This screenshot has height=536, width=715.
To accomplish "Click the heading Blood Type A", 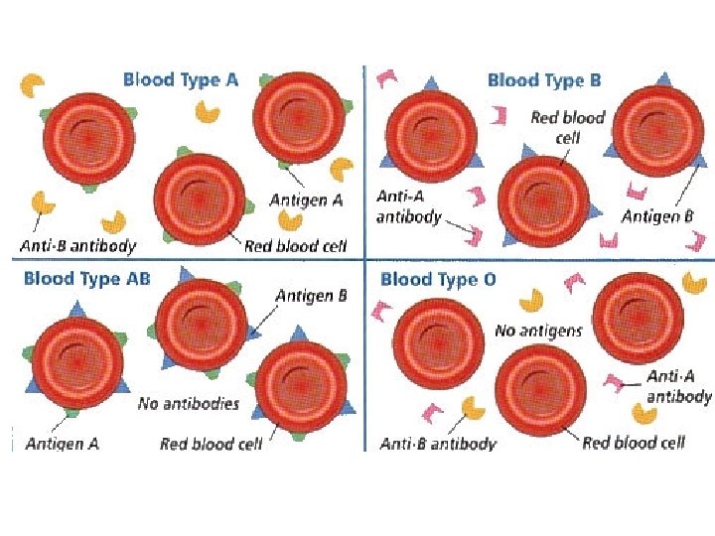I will (180, 79).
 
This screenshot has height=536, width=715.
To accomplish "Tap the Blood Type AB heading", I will (87, 278).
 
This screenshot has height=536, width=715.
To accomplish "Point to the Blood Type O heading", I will (438, 279).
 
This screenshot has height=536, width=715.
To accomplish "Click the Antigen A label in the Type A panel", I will (306, 201).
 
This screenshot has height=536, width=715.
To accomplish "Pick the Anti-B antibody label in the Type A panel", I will (76, 244).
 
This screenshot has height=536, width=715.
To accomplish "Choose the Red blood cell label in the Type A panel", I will (295, 245).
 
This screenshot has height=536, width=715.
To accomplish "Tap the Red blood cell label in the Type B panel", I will (567, 126).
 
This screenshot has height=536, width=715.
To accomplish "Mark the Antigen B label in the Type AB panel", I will (311, 296).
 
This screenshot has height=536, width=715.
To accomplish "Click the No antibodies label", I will (189, 403).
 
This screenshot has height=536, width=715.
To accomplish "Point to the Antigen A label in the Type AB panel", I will (62, 444).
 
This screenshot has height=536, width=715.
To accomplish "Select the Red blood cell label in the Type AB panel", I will (211, 444).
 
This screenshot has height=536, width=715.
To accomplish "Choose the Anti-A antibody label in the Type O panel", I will (679, 386).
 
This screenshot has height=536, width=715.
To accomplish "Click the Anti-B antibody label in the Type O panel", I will (438, 444).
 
